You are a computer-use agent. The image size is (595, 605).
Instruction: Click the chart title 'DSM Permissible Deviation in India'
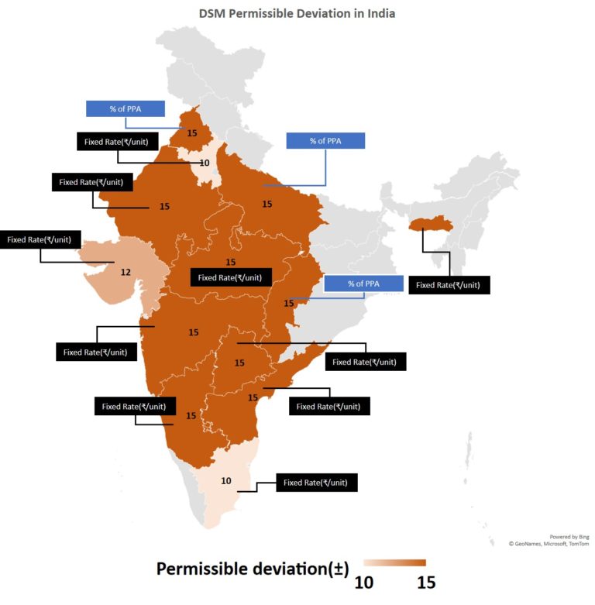[x=297, y=14]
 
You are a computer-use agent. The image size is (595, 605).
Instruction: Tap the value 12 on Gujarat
[x=125, y=272]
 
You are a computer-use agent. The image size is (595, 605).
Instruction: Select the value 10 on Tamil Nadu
[x=225, y=481]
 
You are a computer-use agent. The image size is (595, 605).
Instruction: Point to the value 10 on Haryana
[x=204, y=163]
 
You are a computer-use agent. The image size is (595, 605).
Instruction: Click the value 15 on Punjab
[x=192, y=132]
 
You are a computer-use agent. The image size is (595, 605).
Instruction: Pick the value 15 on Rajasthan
[x=164, y=207]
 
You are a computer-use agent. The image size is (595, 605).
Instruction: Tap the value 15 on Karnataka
[x=191, y=415]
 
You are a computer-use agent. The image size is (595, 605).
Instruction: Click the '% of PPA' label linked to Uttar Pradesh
[x=325, y=140]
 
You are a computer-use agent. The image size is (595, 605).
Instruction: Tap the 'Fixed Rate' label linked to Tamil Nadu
[x=321, y=483]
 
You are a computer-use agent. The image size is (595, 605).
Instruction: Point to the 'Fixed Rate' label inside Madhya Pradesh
[x=230, y=277]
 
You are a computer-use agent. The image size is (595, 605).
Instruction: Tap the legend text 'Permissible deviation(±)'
[x=252, y=569]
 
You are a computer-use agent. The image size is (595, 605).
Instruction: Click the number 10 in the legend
[x=364, y=581]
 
